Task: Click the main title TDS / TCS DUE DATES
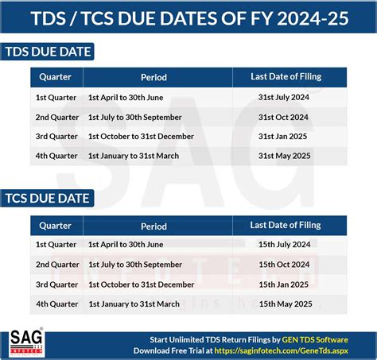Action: coord(189,18)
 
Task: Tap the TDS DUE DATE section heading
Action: coord(48,52)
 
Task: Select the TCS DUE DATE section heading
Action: coord(47,199)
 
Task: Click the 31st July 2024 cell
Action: coord(284,97)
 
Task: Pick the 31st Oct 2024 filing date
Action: coord(283,117)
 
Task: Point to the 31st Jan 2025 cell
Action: coord(282,137)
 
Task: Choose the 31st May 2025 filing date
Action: coord(284,156)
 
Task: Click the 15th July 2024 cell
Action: coord(285,244)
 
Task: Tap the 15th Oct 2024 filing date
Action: coord(284,265)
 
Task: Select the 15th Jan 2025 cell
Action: coord(283,285)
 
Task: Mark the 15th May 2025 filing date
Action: coord(286,304)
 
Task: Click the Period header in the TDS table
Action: coord(154,77)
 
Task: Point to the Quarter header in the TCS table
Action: coord(55,226)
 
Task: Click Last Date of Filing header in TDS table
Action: coord(286,76)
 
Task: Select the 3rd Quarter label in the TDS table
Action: coord(56,137)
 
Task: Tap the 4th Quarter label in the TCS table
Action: coord(57,304)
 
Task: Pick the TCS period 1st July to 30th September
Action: coord(135,265)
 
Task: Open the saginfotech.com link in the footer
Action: coord(281,350)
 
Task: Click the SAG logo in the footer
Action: coord(26,343)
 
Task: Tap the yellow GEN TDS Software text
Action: coord(315,340)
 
